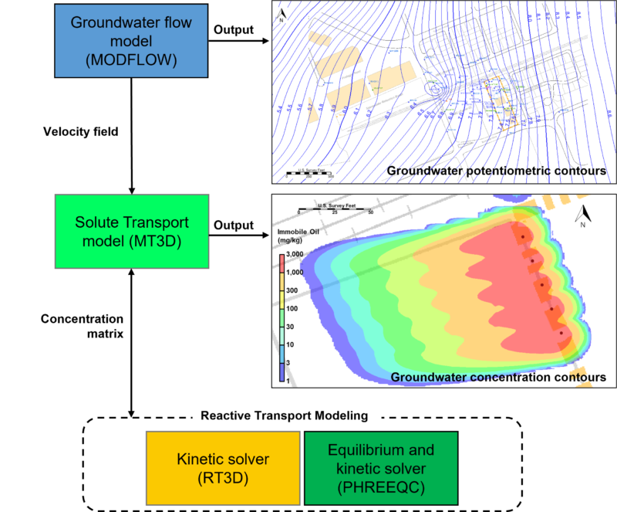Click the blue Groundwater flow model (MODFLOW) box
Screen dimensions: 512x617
(131, 41)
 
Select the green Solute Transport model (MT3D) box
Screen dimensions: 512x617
(131, 232)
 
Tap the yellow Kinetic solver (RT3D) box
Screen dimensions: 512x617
(223, 468)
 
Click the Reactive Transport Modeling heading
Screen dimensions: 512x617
(285, 415)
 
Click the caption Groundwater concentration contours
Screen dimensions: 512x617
(497, 377)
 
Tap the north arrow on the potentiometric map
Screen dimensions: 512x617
(283, 12)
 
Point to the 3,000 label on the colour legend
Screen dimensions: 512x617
(295, 254)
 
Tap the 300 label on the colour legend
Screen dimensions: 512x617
(292, 290)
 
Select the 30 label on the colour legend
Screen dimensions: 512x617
(291, 326)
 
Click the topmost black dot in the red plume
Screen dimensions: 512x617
(523, 236)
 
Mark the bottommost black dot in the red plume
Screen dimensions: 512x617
(561, 333)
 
